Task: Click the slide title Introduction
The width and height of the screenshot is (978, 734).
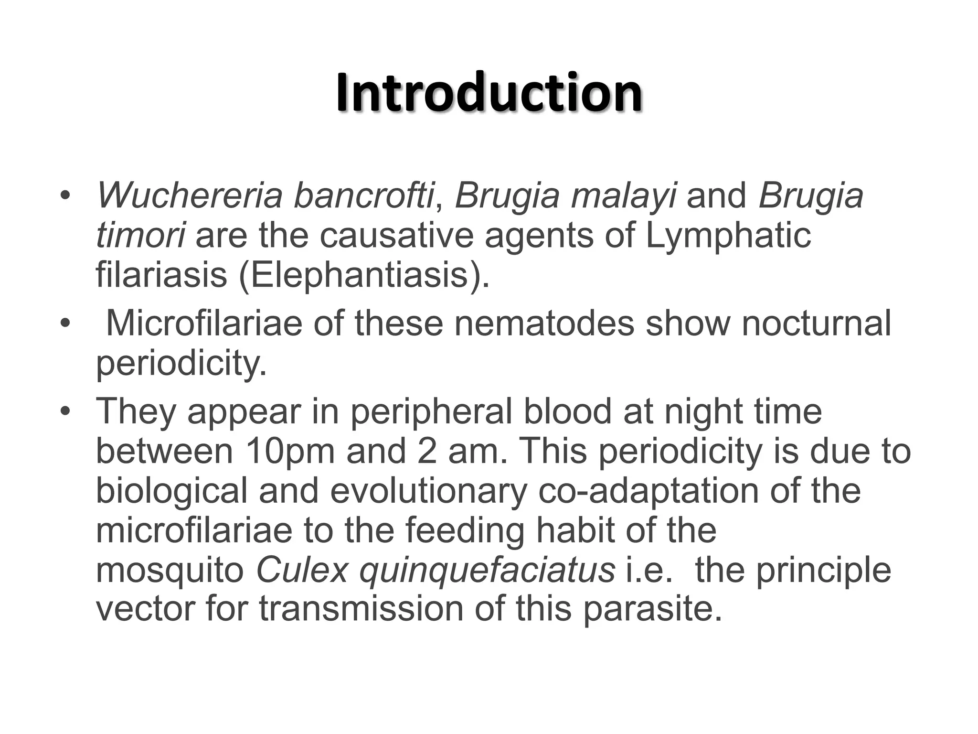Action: tap(489, 92)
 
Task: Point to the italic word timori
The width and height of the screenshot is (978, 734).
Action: tap(140, 235)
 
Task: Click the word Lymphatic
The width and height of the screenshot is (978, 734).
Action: tap(728, 236)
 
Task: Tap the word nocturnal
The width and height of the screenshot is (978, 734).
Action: tap(816, 324)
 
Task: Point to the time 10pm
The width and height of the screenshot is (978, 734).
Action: tap(290, 451)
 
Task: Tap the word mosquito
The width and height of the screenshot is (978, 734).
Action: tap(170, 571)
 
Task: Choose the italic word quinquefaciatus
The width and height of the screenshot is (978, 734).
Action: tap(487, 571)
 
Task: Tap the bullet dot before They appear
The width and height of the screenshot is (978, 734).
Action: tap(65, 412)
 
